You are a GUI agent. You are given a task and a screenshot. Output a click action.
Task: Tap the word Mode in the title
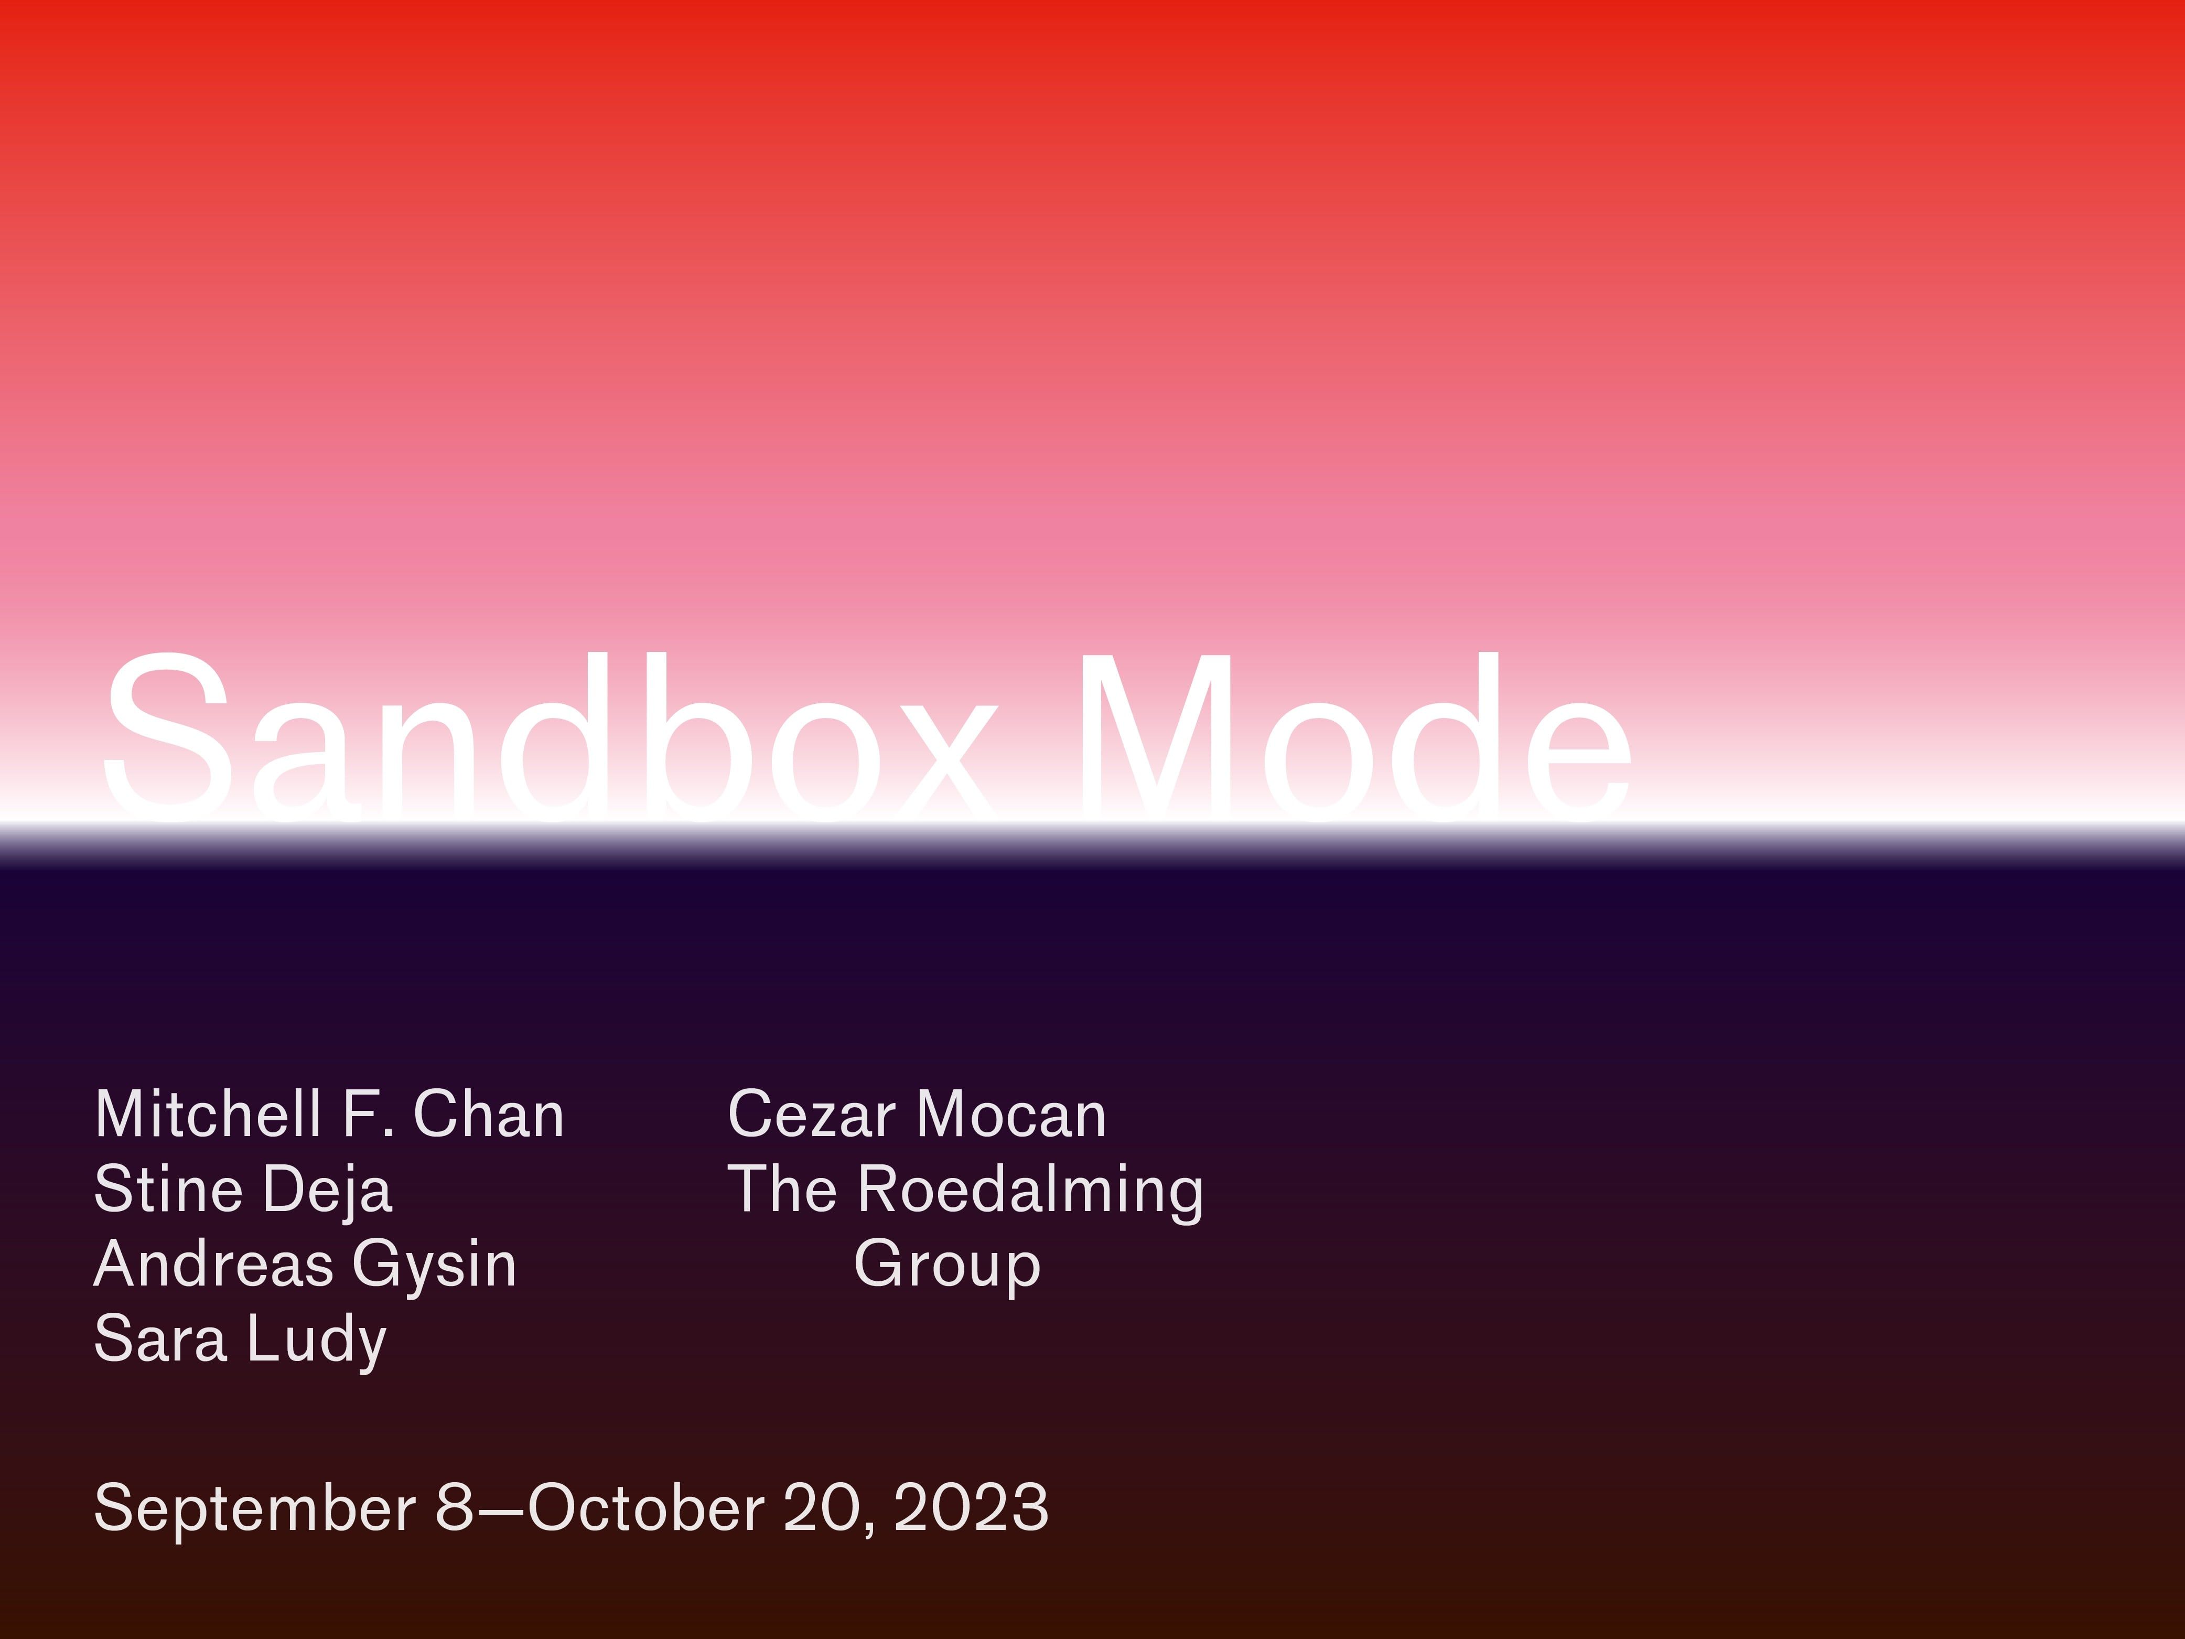click(x=1353, y=736)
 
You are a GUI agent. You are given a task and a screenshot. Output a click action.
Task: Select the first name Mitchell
click(x=208, y=1115)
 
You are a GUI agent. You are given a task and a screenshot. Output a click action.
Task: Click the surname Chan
click(x=488, y=1115)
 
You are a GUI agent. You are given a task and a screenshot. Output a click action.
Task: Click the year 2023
click(x=971, y=1507)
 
